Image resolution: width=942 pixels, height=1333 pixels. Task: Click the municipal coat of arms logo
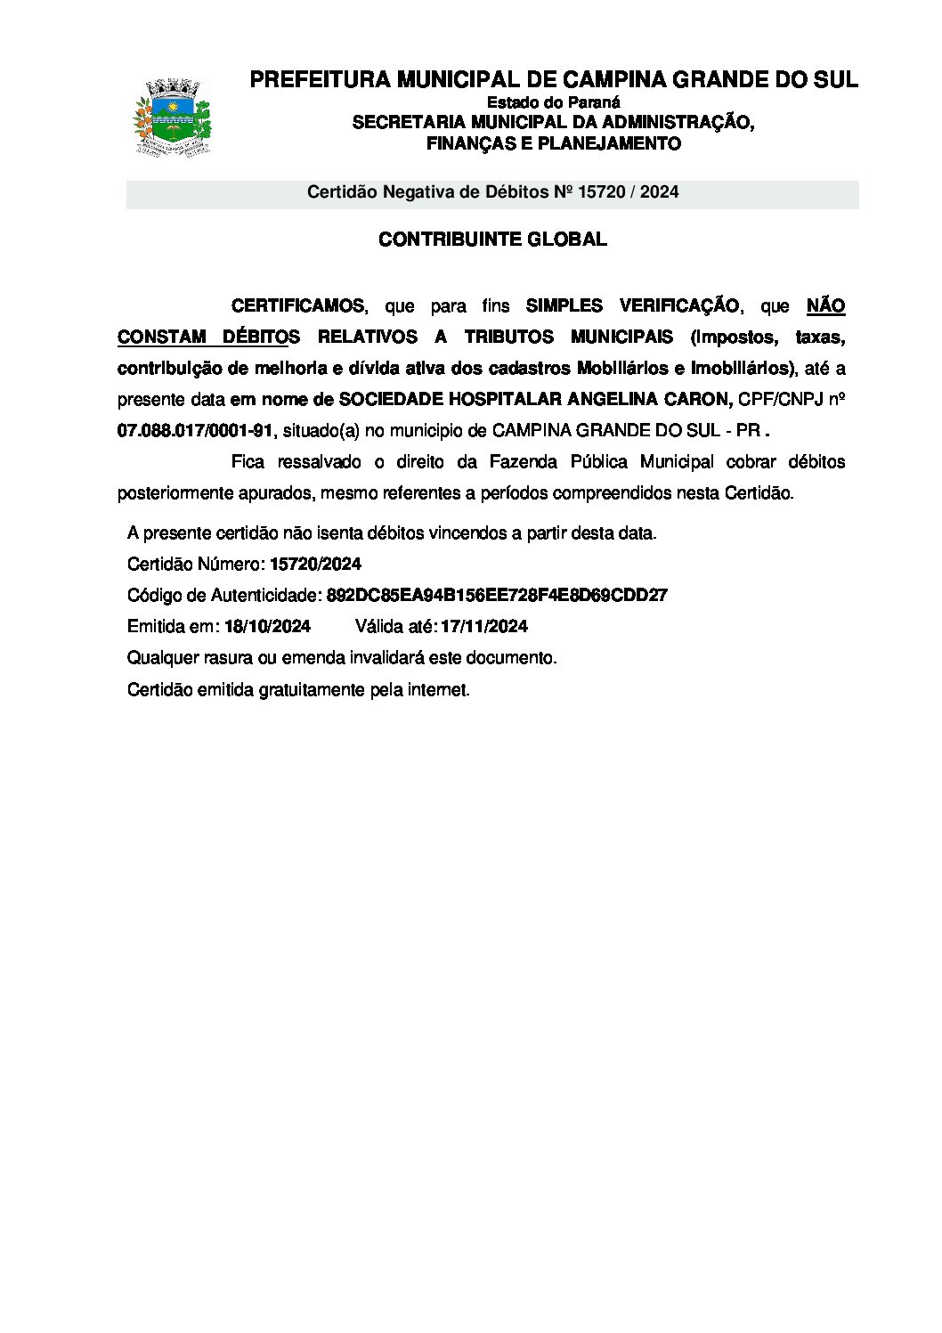172,118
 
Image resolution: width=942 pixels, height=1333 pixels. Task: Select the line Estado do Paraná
553,102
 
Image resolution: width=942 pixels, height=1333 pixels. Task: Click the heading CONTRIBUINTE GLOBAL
492,240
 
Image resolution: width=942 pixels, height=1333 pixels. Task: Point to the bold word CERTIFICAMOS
297,306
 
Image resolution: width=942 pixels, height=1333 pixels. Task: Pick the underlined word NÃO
825,306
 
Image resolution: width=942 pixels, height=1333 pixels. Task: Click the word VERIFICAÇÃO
678,306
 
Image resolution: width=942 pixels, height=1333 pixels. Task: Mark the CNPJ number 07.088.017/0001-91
195,431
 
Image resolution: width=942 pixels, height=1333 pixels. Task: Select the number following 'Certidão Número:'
315,565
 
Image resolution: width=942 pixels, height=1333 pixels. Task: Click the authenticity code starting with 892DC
497,596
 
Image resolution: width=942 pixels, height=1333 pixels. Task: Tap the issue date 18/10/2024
267,627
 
